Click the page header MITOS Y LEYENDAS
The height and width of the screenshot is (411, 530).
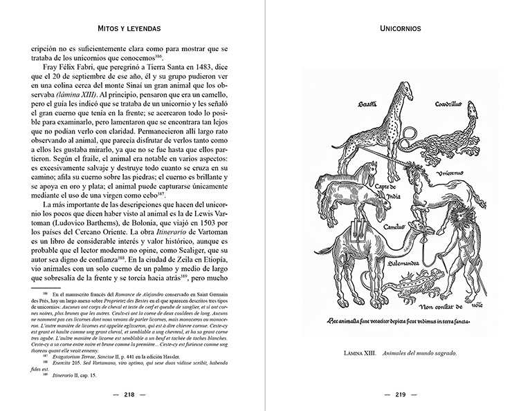pos(132,30)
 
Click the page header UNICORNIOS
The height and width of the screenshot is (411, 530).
pos(397,30)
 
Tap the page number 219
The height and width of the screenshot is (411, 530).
pos(397,396)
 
